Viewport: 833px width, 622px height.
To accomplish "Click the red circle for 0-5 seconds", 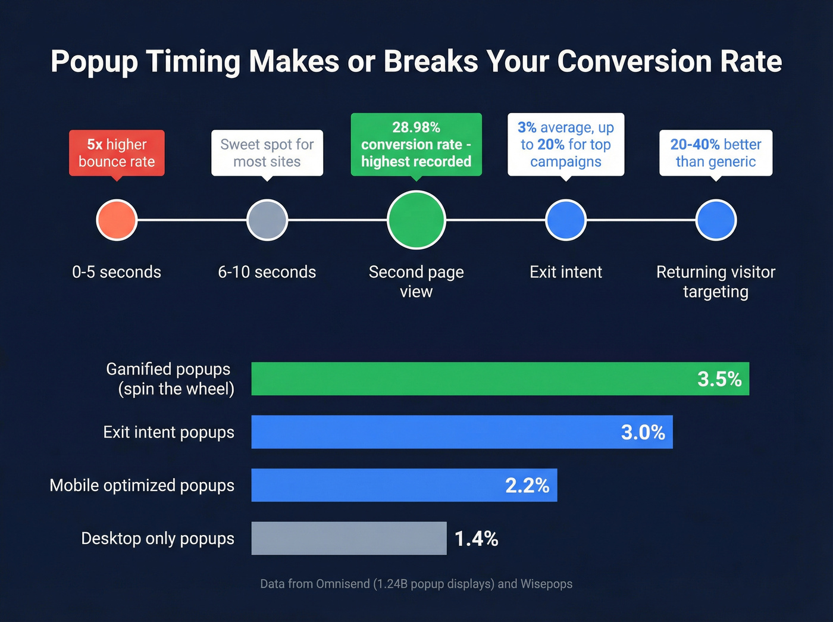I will coord(117,220).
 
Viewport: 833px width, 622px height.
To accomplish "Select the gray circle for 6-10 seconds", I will coord(267,220).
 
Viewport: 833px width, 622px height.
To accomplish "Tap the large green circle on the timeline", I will coord(416,220).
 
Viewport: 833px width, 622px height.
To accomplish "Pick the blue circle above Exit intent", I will coord(566,220).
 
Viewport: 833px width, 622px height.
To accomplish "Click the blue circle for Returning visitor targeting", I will coord(716,220).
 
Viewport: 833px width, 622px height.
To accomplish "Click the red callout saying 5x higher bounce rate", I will coord(117,153).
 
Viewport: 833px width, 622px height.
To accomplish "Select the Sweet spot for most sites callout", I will coord(267,153).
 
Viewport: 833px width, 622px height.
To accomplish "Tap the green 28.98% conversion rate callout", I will coord(416,145).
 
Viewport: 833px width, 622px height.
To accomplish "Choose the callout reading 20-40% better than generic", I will coord(716,153).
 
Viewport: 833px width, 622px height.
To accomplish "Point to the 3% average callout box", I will coord(566,145).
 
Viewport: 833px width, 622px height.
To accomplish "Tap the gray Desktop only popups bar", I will coord(349,538).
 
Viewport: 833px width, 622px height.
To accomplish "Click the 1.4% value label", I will coord(476,539).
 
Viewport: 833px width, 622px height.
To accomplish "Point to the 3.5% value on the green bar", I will coord(719,379).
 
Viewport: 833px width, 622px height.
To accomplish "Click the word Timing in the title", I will coord(193,62).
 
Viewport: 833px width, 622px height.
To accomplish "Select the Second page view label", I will coord(416,282).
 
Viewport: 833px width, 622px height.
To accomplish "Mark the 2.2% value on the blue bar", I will coord(527,486).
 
